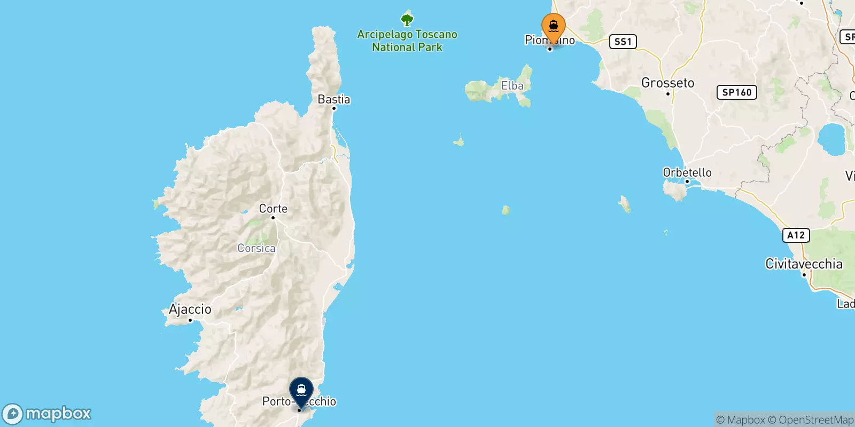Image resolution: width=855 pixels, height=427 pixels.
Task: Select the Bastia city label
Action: pyautogui.click(x=333, y=99)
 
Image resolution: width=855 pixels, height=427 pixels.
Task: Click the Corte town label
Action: pyautogui.click(x=273, y=209)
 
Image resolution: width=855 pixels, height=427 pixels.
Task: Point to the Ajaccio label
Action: pyautogui.click(x=190, y=309)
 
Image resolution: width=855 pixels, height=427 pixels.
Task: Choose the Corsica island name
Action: pyautogui.click(x=256, y=248)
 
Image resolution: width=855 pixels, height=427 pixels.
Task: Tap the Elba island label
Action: pyautogui.click(x=512, y=85)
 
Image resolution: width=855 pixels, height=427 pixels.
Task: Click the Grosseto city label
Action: pyautogui.click(x=667, y=83)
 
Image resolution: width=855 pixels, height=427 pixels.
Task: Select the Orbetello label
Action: pyautogui.click(x=687, y=172)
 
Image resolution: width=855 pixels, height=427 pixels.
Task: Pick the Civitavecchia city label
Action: pyautogui.click(x=804, y=264)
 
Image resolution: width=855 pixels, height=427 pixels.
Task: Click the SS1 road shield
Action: pyautogui.click(x=623, y=42)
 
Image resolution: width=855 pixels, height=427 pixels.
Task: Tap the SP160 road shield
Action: pyautogui.click(x=736, y=92)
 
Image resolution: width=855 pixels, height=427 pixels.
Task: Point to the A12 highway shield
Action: pyautogui.click(x=796, y=235)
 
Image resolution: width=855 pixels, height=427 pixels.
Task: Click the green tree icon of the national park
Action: pyautogui.click(x=407, y=20)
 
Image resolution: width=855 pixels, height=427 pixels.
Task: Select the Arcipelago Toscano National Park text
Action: pyautogui.click(x=407, y=41)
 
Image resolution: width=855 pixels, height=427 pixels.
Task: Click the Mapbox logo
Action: pyautogui.click(x=47, y=414)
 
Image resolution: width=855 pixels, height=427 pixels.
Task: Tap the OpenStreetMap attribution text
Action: pyautogui.click(x=816, y=420)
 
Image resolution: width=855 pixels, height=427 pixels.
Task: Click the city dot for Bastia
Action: pyautogui.click(x=334, y=108)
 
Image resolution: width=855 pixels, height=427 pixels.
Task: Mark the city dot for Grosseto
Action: pyautogui.click(x=667, y=94)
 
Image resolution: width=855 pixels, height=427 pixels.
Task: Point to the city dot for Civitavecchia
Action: pyautogui.click(x=804, y=274)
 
